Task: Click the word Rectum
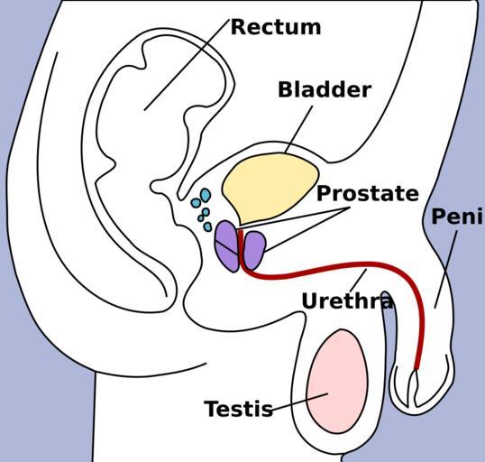(276, 27)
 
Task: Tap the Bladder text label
(325, 89)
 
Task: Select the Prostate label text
(368, 193)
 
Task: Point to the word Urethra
(347, 300)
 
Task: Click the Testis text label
(239, 409)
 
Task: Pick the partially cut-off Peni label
(458, 216)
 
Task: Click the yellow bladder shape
(270, 188)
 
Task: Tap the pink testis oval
(337, 381)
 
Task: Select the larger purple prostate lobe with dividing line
(227, 246)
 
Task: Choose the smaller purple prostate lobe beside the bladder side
(254, 250)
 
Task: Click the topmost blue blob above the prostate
(206, 195)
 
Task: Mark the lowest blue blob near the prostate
(208, 226)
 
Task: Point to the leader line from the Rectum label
(187, 65)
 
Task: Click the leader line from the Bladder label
(298, 129)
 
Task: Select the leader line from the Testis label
(300, 402)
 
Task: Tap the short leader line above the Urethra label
(358, 281)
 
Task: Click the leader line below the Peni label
(446, 270)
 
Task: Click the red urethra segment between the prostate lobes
(241, 248)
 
